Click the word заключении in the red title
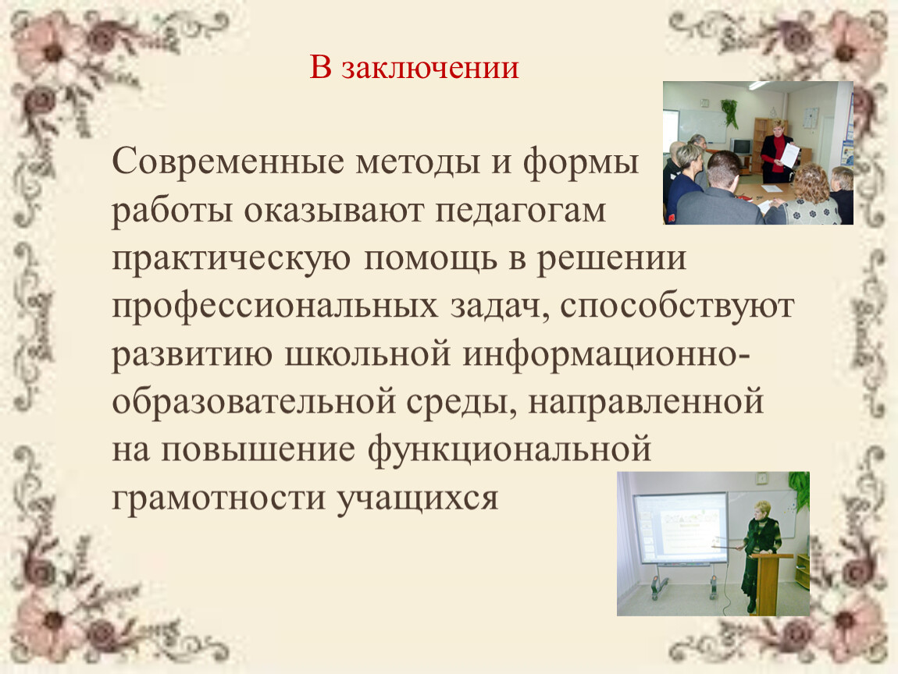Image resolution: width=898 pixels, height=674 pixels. (x=430, y=68)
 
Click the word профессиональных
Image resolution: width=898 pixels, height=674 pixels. (x=275, y=307)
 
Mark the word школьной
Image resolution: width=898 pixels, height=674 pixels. (x=367, y=355)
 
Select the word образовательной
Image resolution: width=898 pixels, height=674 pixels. (x=253, y=402)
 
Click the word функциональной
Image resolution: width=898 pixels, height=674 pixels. (x=509, y=449)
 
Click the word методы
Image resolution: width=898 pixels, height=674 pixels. (x=418, y=163)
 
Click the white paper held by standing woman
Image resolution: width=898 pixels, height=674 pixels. (x=789, y=155)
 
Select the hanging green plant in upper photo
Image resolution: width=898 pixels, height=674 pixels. (x=729, y=112)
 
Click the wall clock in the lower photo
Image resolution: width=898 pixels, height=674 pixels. (x=761, y=478)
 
